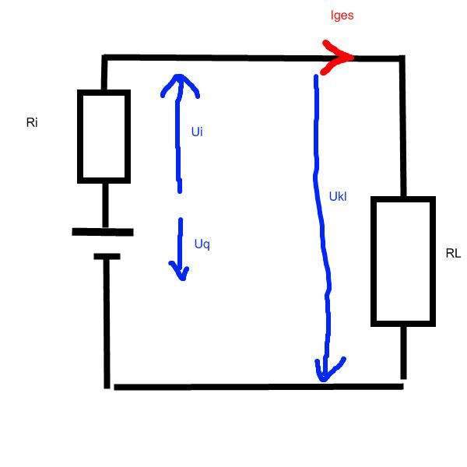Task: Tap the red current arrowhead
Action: [341, 58]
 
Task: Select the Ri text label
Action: [32, 123]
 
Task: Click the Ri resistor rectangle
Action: [104, 135]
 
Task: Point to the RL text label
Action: [453, 253]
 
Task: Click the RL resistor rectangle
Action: [402, 261]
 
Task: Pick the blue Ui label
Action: [197, 132]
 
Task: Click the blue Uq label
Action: [202, 244]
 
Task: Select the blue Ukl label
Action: [337, 197]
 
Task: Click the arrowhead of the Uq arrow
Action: [180, 273]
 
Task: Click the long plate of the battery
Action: [103, 231]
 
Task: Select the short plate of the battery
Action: [104, 255]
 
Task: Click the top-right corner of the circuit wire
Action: [402, 58]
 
